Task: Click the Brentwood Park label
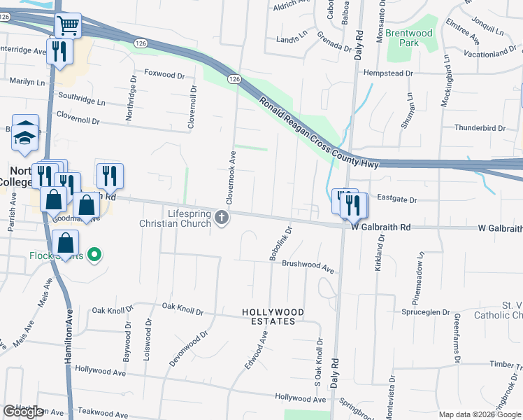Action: pos(409,38)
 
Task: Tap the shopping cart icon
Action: pos(69,26)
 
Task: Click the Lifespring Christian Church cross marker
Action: pos(222,218)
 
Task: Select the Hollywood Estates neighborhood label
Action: pos(273,316)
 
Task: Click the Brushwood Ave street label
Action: pos(308,265)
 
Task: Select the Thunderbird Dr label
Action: pos(480,128)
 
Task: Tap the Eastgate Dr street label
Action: pos(396,199)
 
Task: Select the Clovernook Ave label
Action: pos(232,169)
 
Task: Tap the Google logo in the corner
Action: pos(23,412)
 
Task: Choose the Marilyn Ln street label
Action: pos(27,82)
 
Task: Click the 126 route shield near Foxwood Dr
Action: pos(234,80)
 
